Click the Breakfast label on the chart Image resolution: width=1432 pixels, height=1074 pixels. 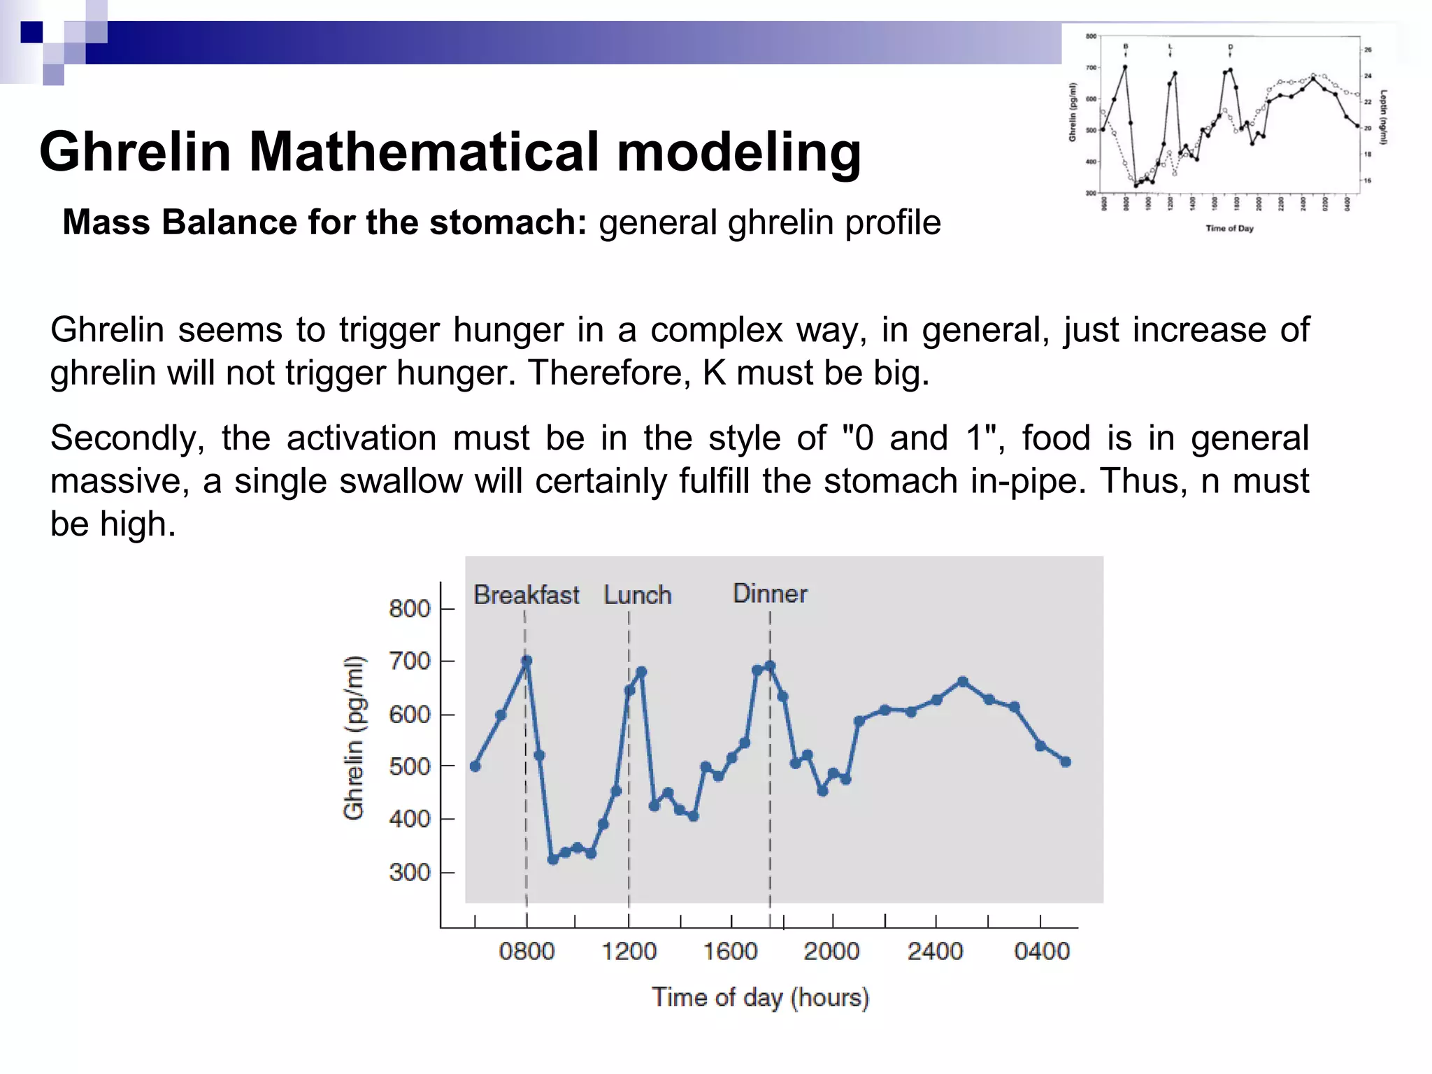526,595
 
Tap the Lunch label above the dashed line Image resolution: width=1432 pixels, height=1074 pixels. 637,595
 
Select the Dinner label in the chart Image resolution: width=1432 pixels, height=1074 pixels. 769,594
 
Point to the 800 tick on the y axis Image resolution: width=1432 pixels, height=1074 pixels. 410,608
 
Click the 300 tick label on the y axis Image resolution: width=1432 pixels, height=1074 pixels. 410,872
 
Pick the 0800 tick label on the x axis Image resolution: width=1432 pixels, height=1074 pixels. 527,952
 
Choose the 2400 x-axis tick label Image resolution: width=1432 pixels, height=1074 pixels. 935,952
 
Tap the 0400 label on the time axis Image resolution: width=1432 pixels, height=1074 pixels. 1041,952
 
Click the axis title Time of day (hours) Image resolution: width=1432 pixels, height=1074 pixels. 760,997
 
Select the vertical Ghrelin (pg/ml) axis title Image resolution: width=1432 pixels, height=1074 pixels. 354,738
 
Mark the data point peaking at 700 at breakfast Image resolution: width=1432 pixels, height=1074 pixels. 527,661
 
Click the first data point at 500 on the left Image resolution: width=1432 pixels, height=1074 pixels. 475,766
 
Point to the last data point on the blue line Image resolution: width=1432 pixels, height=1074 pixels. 1066,762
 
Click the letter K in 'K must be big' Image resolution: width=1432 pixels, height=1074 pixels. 714,373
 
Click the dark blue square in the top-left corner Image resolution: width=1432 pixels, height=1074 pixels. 31,32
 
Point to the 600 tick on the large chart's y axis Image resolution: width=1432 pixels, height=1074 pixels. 410,714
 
